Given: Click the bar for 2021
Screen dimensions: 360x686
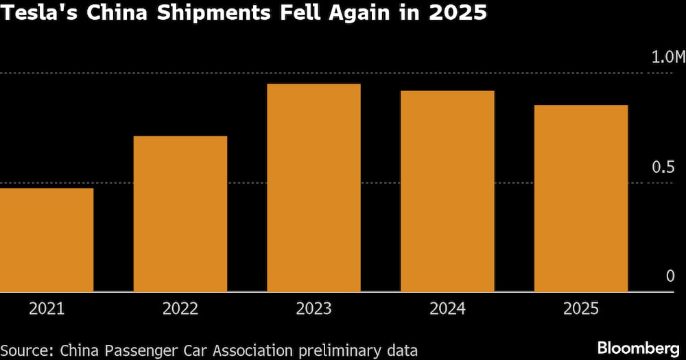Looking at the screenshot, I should (47, 240).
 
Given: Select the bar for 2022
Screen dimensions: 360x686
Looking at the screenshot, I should (180, 214).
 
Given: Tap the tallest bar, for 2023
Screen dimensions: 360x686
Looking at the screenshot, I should (314, 188).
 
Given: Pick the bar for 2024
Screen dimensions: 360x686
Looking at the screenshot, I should (447, 191).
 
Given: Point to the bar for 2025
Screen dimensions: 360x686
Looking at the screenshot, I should (581, 199).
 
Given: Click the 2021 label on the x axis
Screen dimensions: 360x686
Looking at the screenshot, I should (47, 309).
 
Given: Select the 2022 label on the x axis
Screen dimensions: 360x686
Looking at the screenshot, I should (180, 309).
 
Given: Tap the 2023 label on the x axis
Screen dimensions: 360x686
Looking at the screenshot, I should (314, 309).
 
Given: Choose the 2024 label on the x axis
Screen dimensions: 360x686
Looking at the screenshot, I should (447, 309).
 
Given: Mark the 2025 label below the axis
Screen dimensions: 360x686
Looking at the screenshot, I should (581, 309).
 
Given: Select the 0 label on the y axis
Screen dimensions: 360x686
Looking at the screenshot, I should (670, 276).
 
